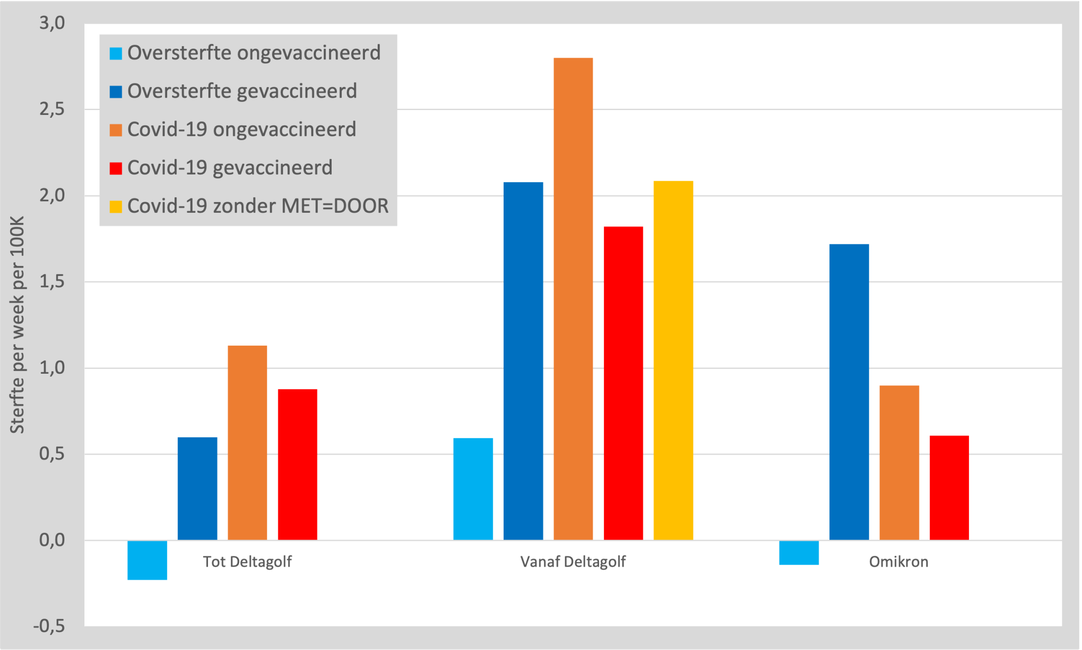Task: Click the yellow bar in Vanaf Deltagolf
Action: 673,360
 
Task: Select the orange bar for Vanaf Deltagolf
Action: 573,299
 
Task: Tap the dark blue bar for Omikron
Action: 849,392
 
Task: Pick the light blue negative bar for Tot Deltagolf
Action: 147,560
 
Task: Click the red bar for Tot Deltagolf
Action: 297,464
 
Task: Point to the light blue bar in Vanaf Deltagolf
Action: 473,489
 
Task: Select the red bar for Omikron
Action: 949,488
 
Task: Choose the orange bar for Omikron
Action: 899,462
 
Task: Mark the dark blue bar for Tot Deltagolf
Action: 197,489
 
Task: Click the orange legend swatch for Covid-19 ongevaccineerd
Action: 116,130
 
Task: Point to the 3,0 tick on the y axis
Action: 52,23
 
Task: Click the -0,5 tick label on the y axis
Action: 49,626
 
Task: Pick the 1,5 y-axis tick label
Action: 52,282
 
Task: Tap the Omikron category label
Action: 898,562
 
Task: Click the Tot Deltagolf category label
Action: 247,562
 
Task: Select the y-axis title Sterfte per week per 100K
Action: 17,325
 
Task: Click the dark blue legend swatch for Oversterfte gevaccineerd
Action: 116,92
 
